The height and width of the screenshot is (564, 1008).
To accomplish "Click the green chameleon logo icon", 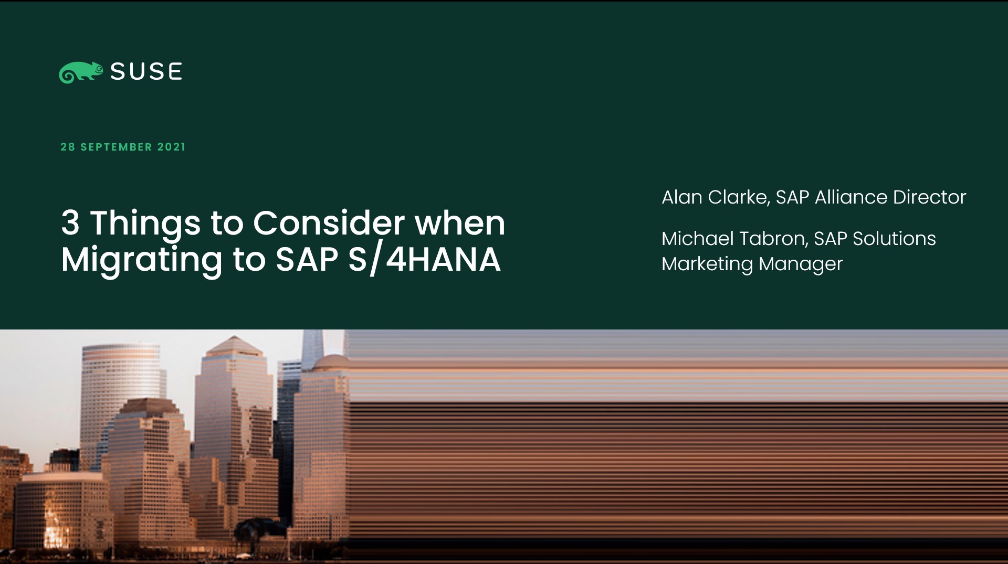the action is (x=81, y=72).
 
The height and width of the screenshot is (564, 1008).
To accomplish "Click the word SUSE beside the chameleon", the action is (x=146, y=71).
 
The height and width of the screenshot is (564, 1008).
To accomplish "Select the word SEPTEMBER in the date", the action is (x=116, y=147).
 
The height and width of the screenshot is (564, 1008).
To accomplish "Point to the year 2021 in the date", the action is (x=172, y=147).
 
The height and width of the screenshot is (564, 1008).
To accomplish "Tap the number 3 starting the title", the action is (x=70, y=222).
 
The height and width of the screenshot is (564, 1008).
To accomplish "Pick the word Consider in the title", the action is (x=329, y=222).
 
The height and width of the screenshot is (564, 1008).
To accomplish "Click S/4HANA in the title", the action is (x=424, y=259).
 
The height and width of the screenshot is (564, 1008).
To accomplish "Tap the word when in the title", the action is (x=460, y=222).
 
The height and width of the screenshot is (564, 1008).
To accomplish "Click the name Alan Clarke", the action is (x=715, y=197).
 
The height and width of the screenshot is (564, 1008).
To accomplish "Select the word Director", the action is (x=930, y=197).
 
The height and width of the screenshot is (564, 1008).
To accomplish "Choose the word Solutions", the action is (x=894, y=239).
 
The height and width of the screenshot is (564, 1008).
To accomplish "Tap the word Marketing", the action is (x=707, y=264).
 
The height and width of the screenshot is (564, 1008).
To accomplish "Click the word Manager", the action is (x=801, y=264).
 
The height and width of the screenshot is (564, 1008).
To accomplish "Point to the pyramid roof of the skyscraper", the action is (x=234, y=346).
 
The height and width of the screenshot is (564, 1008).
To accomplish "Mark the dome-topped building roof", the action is (x=330, y=363).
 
